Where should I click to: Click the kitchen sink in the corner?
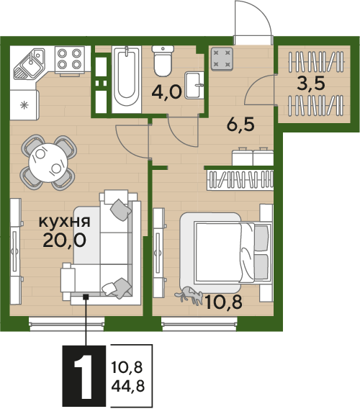pyautogui.click(x=29, y=63)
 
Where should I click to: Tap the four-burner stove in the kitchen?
pyautogui.click(x=69, y=60)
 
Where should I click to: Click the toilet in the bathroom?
pyautogui.click(x=163, y=61)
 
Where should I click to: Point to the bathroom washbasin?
pyautogui.click(x=194, y=85)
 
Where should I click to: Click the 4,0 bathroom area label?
pyautogui.click(x=166, y=92)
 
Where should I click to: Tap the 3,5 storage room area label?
pyautogui.click(x=310, y=84)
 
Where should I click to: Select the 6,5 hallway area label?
pyautogui.click(x=240, y=125)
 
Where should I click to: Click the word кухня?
pyautogui.click(x=65, y=222)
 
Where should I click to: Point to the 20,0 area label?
pyautogui.click(x=65, y=240)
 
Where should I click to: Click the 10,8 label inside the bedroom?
pyautogui.click(x=223, y=302)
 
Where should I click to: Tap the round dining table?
pyautogui.click(x=48, y=163)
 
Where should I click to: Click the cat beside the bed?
pyautogui.click(x=189, y=295)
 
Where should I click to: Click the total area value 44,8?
pyautogui.click(x=128, y=387)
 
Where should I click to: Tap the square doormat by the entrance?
pyautogui.click(x=222, y=59)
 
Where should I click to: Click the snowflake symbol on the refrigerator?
pyautogui.click(x=24, y=105)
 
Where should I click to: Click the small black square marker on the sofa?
pyautogui.click(x=86, y=297)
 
